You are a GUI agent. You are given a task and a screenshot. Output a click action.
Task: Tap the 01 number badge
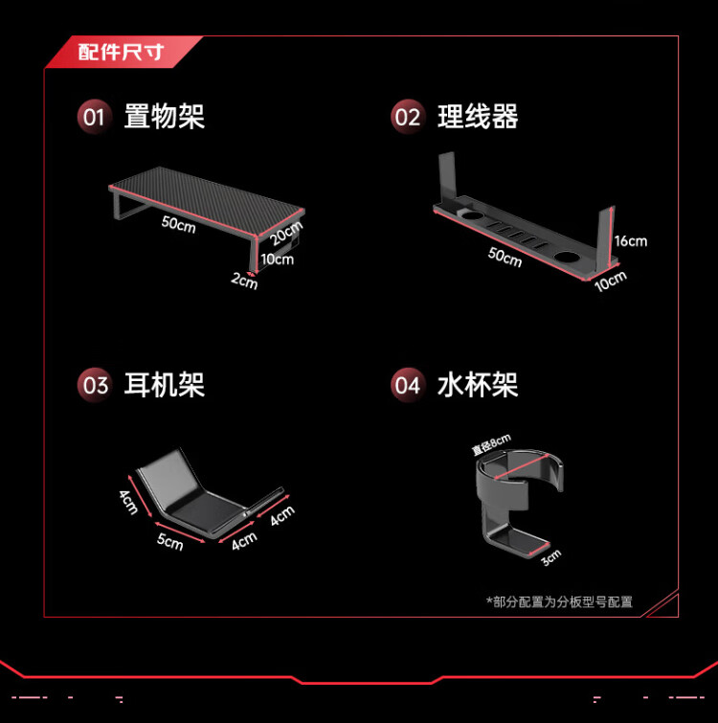tap(95, 117)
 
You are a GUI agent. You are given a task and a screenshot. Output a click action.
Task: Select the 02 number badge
tap(408, 117)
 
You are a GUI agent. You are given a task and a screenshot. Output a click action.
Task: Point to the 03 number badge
tap(95, 385)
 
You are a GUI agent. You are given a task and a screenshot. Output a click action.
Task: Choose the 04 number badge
tap(408, 385)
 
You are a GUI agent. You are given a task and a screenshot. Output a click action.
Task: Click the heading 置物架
tap(165, 117)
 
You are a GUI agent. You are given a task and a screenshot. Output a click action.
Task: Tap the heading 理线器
tap(478, 117)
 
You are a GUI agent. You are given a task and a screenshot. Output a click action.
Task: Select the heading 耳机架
tap(165, 385)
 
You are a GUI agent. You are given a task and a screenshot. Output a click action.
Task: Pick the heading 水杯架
tap(478, 385)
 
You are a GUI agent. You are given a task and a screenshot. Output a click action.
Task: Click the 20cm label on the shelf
tap(286, 233)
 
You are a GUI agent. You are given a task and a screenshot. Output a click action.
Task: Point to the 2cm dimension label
tap(244, 281)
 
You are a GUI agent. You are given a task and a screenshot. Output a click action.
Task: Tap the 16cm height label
tap(631, 241)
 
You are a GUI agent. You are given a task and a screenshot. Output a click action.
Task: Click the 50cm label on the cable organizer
tap(505, 257)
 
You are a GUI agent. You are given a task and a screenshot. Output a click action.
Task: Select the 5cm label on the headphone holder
tap(170, 541)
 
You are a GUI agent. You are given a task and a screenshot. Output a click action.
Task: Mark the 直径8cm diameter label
tap(491, 444)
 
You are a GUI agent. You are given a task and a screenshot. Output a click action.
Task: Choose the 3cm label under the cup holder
tap(551, 558)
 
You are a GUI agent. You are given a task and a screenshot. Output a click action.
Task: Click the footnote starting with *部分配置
tap(559, 601)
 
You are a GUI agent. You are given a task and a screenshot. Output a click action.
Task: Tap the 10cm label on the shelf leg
tap(278, 260)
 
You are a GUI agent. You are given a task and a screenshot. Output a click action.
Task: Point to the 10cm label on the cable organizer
tap(611, 282)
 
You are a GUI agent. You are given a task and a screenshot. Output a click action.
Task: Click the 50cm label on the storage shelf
tap(179, 224)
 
